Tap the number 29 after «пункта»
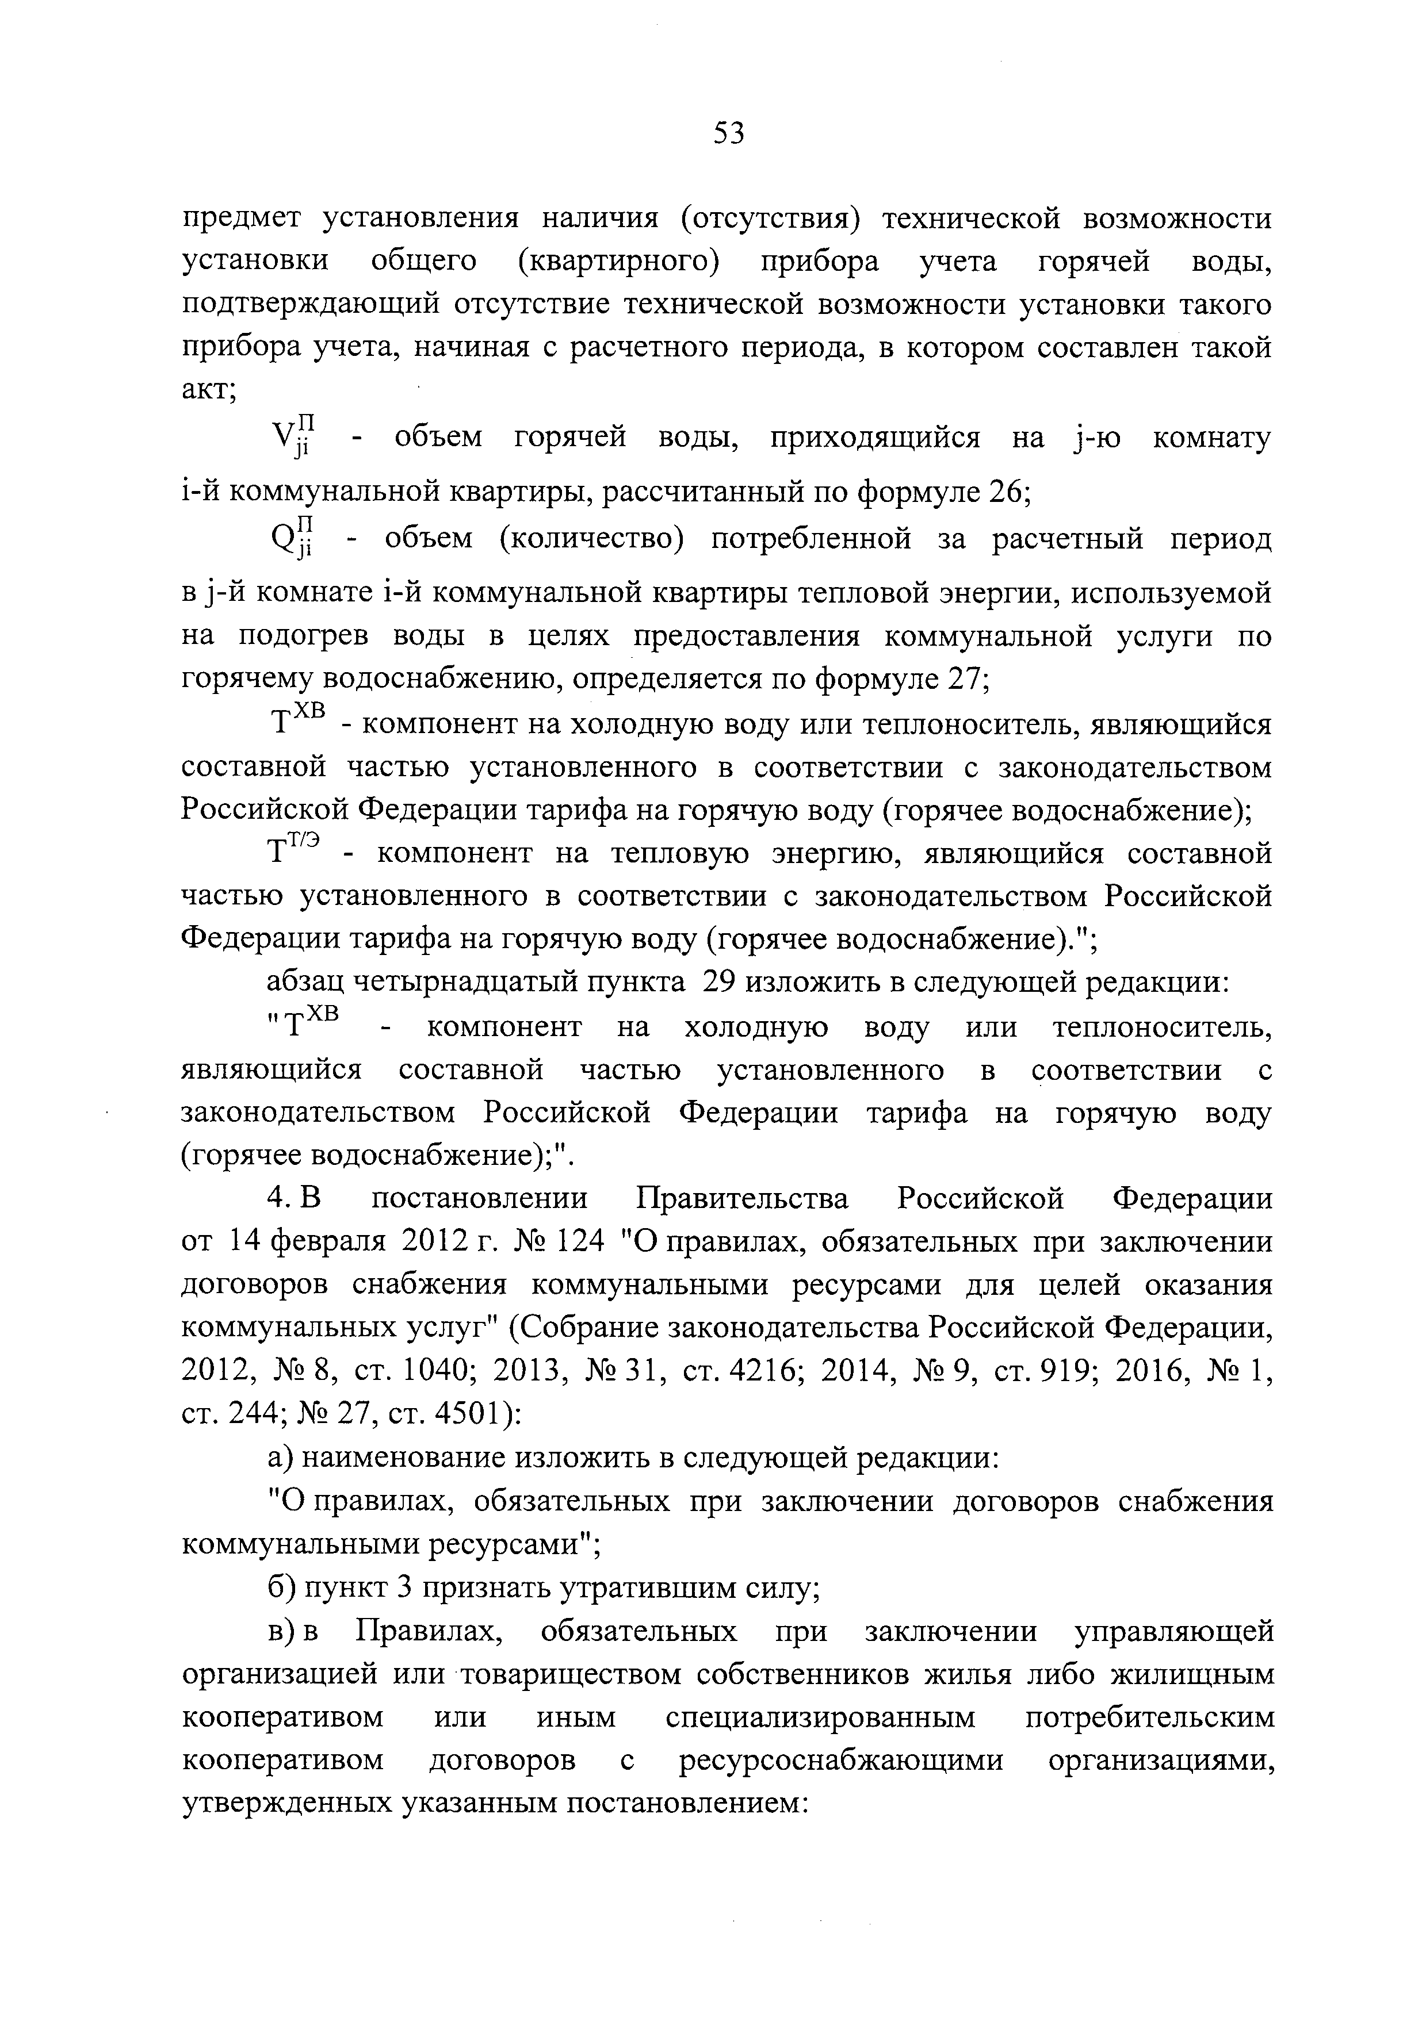pos(718,982)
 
